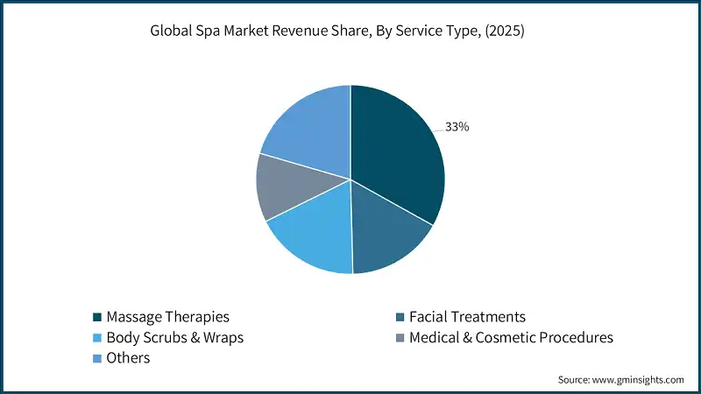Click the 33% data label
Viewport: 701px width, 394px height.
pos(457,127)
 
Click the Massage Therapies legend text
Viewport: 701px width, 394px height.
pos(166,316)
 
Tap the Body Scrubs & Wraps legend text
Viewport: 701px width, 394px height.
pos(174,337)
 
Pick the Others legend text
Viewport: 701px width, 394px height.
pos(128,358)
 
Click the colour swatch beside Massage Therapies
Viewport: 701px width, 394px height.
pos(97,316)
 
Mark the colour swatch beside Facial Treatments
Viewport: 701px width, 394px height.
pos(401,316)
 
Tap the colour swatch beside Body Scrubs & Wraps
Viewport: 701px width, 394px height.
pos(97,337)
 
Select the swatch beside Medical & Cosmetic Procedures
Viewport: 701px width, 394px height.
pos(401,337)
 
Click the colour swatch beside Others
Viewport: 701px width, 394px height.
pos(97,358)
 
